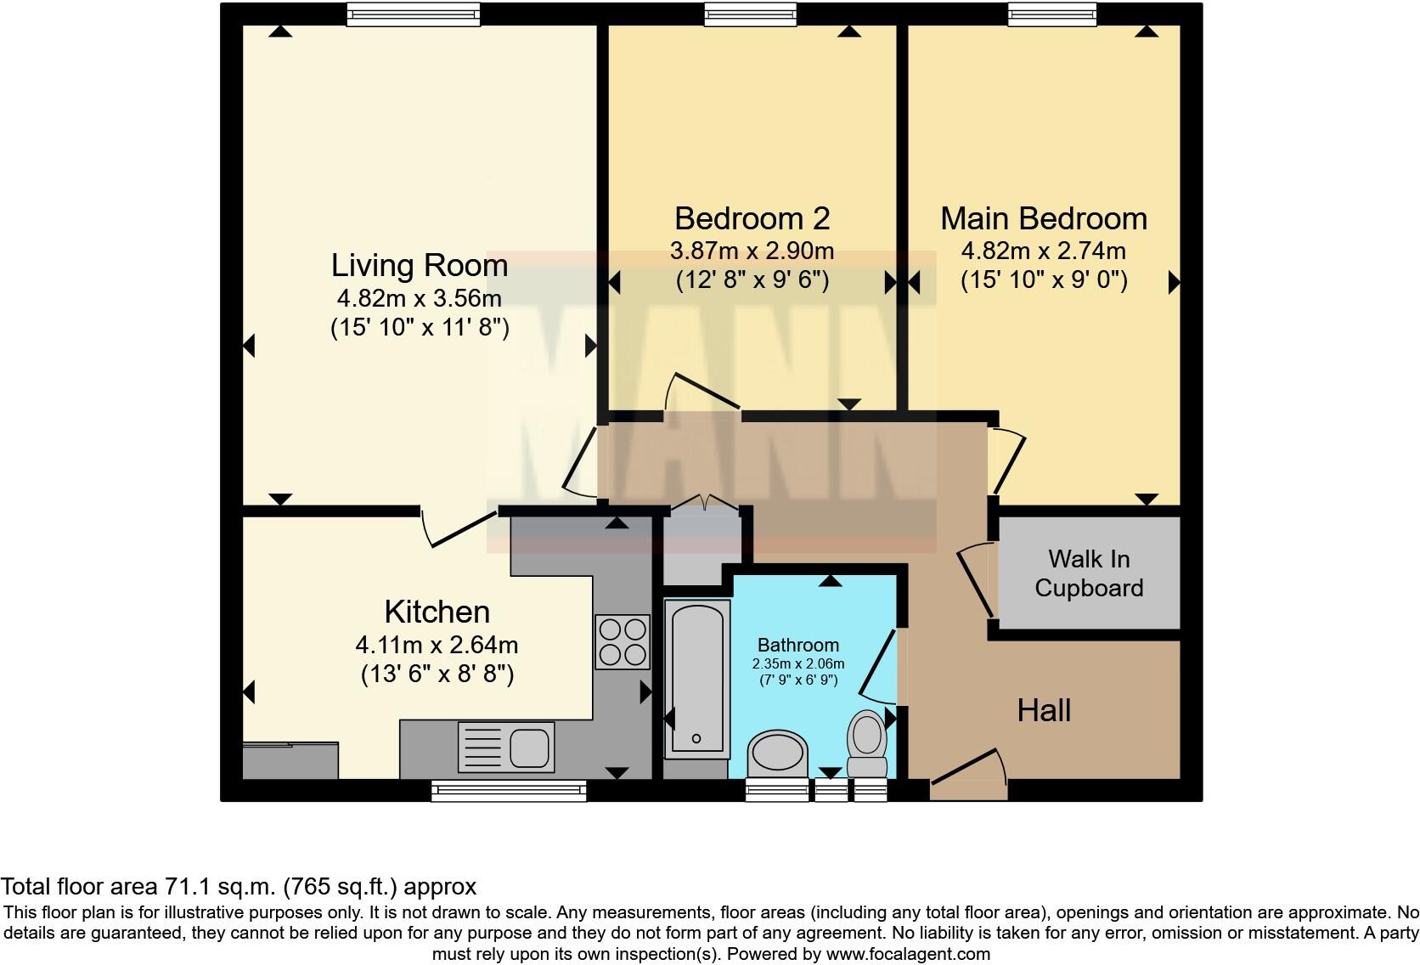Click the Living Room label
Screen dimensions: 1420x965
[x=420, y=265]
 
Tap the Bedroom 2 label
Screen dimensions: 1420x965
[x=752, y=219]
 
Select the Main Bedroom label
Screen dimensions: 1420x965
[x=1044, y=219]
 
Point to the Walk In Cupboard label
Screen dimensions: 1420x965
[x=1089, y=573]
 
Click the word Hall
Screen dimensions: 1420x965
[x=1044, y=710]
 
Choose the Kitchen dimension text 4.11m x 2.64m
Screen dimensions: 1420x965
[x=437, y=646]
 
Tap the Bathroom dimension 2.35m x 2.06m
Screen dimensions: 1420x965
[x=798, y=663]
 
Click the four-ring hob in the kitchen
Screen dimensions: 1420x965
[x=623, y=641]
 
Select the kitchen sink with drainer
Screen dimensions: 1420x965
[x=506, y=747]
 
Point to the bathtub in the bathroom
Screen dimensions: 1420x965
[x=696, y=679]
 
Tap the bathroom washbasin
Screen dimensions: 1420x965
[x=778, y=753]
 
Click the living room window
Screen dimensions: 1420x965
[x=414, y=14]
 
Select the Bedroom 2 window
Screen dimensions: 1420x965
[x=751, y=14]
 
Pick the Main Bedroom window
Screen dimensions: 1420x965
[x=1052, y=14]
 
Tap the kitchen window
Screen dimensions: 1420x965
[x=509, y=791]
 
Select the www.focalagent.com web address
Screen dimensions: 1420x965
[x=909, y=954]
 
